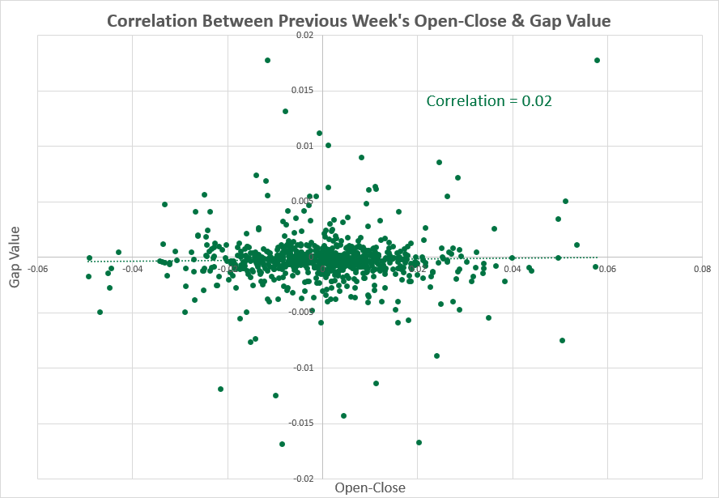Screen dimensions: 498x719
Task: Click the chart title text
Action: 359,19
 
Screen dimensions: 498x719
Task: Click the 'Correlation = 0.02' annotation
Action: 489,101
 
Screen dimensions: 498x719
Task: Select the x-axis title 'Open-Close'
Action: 370,487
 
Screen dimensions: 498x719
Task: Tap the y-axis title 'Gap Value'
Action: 15,257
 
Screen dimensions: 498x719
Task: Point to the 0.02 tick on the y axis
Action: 304,36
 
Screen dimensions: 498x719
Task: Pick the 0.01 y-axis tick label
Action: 304,147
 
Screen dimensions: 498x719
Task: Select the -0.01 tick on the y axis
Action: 303,368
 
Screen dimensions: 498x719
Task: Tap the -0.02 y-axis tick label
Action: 303,479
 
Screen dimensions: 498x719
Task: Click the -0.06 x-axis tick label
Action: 37,269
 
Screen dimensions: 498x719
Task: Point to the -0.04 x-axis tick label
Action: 133,269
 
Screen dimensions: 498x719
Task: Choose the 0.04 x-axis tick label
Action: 513,269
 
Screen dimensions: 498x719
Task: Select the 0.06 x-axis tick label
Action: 607,269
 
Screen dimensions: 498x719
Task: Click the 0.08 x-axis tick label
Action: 702,269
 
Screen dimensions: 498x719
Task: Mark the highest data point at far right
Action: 597,60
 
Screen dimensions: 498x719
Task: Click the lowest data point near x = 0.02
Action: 419,442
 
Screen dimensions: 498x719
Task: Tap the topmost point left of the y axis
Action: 267,60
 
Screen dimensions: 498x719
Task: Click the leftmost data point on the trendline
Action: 89,258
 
